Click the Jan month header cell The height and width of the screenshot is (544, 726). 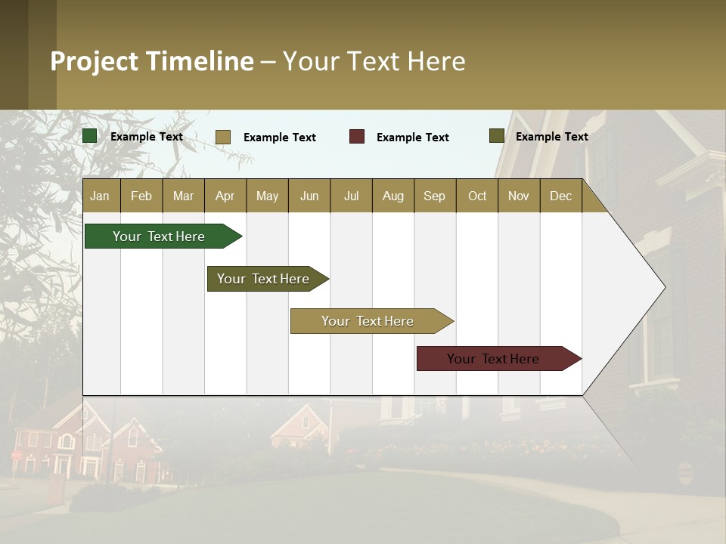click(100, 196)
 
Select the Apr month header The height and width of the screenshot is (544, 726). click(225, 196)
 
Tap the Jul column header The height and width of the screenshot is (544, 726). click(351, 196)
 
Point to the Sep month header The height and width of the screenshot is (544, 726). click(434, 196)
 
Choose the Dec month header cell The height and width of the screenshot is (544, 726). click(560, 196)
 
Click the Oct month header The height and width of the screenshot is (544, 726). click(477, 196)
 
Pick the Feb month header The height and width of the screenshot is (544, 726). click(141, 196)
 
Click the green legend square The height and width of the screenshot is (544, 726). click(90, 136)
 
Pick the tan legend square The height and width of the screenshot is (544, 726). click(223, 137)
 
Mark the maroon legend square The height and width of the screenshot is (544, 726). click(357, 137)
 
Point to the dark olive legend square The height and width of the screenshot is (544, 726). click(497, 136)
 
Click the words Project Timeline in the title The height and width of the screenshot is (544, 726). click(151, 61)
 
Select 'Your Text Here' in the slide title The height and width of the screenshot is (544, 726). click(374, 61)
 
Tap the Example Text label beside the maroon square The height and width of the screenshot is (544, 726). click(412, 138)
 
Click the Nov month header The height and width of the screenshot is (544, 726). click(519, 196)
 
